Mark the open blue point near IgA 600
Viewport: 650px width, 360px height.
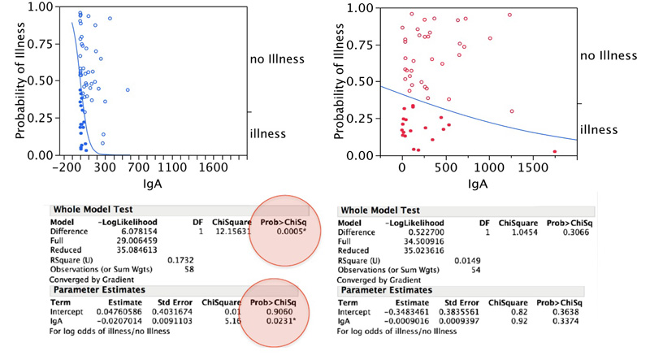(x=128, y=90)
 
